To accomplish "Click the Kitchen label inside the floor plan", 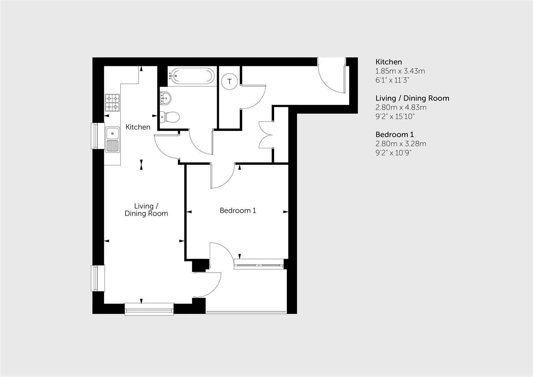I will click(x=138, y=127).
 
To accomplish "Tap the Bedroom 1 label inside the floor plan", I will click(x=238, y=210).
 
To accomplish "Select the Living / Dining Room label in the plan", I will click(x=146, y=210).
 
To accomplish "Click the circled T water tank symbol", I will click(x=229, y=82).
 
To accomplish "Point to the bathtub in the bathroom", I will click(x=191, y=75).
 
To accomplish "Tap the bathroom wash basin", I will click(x=165, y=97).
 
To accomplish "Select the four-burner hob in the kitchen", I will click(x=112, y=103).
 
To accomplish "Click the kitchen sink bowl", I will click(x=112, y=133).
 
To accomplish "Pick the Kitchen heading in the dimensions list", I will click(x=388, y=62).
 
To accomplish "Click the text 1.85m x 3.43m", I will click(x=400, y=71).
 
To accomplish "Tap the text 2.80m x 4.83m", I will click(x=401, y=108).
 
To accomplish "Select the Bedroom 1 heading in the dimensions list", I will click(x=394, y=134).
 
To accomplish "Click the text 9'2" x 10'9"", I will click(x=393, y=153).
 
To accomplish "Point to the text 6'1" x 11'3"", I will click(x=392, y=80).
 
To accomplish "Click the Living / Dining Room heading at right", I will click(x=412, y=98).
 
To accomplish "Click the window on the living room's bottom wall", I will click(x=149, y=309).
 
